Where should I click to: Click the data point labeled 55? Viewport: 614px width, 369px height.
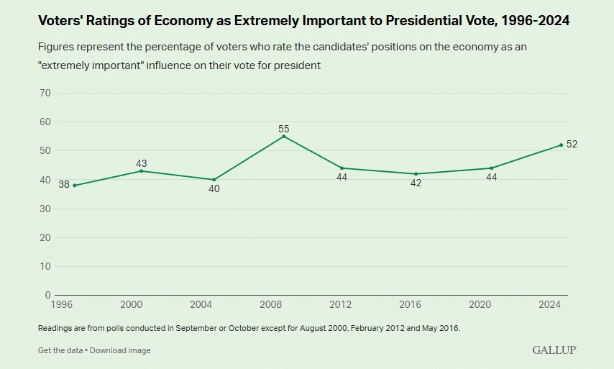pos(284,136)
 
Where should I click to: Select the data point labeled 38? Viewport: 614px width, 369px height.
pos(75,186)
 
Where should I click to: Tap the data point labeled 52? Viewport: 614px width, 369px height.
pos(562,145)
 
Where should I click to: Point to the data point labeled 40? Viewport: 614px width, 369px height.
pos(214,180)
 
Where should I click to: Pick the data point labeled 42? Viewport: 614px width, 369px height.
pos(416,174)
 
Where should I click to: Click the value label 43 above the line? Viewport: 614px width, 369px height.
pos(142,164)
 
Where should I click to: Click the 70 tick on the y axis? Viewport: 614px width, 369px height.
pos(45,93)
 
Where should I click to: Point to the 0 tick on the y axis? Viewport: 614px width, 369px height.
pos(47,295)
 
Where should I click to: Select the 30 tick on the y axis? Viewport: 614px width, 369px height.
pos(45,209)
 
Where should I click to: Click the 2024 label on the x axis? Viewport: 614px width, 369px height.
pos(551,304)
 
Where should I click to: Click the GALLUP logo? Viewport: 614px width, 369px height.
pos(554,350)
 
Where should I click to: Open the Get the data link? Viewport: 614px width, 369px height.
pos(60,350)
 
